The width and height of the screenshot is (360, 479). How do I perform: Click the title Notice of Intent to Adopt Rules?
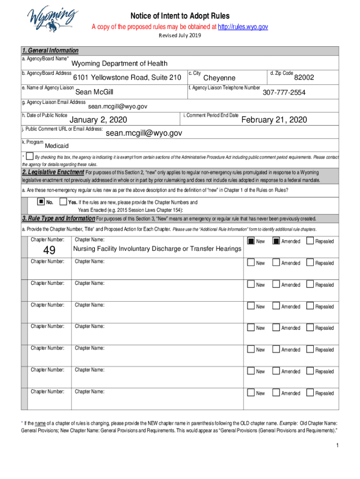click(180, 16)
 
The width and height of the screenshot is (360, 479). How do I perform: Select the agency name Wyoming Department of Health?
click(119, 64)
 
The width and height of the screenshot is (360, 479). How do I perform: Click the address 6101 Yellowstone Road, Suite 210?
click(127, 77)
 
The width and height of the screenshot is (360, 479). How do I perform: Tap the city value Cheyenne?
click(219, 78)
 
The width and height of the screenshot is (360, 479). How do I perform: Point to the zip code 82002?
click(303, 77)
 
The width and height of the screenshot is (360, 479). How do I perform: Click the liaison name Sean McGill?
click(94, 92)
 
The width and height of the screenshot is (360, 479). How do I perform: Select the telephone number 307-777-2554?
click(284, 93)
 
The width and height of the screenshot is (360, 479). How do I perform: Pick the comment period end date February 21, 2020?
click(274, 120)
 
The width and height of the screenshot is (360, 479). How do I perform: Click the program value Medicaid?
click(57, 146)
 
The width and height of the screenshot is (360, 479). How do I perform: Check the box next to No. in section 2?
click(41, 202)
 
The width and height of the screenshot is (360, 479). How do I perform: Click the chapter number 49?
click(49, 251)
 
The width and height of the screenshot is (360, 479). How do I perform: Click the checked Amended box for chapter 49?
click(276, 241)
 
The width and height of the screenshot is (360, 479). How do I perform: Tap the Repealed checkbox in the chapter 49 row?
click(310, 241)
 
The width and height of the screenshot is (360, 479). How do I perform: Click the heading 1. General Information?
click(50, 51)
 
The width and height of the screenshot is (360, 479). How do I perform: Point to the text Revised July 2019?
click(180, 36)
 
